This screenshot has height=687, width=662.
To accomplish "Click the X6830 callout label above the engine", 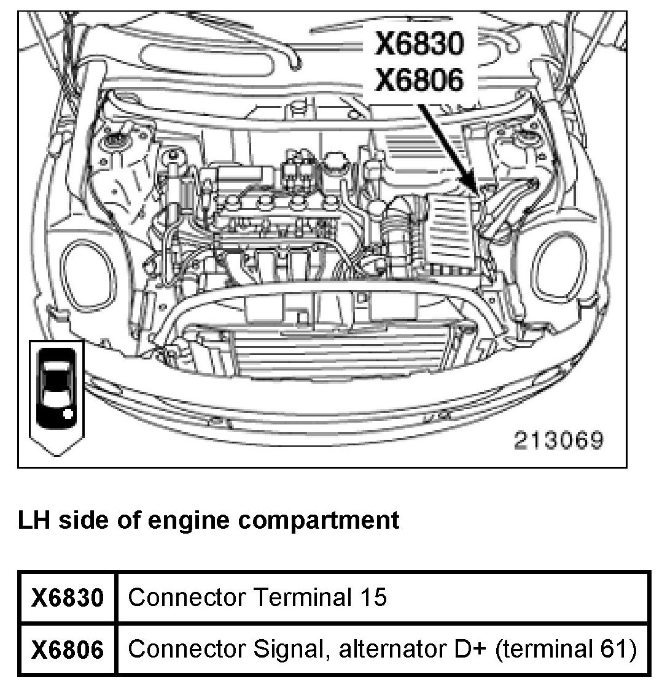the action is (x=419, y=44).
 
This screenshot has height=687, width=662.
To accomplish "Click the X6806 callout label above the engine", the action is (x=419, y=80).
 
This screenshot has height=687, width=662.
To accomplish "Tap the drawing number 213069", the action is (x=559, y=440).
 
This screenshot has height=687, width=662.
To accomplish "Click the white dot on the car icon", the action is (x=68, y=413).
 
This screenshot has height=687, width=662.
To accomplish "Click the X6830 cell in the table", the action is (x=68, y=597).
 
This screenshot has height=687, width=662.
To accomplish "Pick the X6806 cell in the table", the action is (x=68, y=650).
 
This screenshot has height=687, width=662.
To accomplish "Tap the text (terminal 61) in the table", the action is (x=566, y=650).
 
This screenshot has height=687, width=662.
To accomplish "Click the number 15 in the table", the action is (x=373, y=597).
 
